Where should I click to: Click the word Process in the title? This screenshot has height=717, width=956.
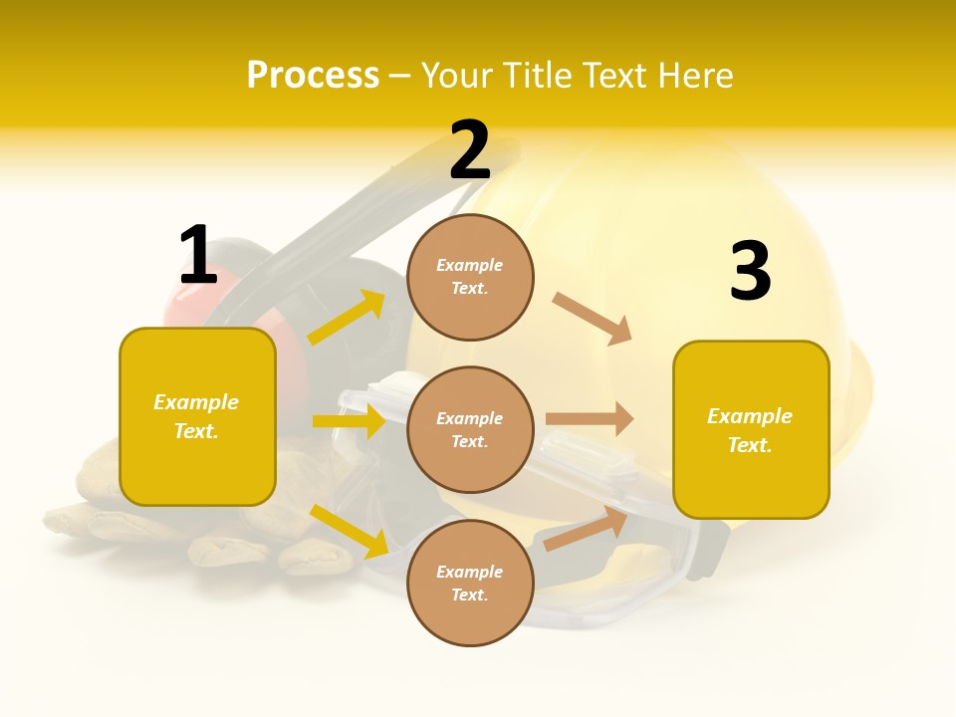313,76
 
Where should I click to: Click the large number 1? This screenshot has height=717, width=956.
198,256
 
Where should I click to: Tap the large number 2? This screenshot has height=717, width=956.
470,150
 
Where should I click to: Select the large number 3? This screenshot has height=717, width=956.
750,272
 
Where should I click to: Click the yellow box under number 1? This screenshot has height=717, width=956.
197,416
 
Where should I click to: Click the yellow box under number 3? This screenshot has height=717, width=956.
751,430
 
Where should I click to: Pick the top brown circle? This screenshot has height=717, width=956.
470,277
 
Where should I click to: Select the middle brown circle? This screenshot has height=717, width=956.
470,429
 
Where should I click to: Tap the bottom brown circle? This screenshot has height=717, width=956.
470,583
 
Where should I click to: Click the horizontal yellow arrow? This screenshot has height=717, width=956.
349,421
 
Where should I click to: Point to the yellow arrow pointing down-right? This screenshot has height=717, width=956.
350,531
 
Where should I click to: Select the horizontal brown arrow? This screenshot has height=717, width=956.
590,419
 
